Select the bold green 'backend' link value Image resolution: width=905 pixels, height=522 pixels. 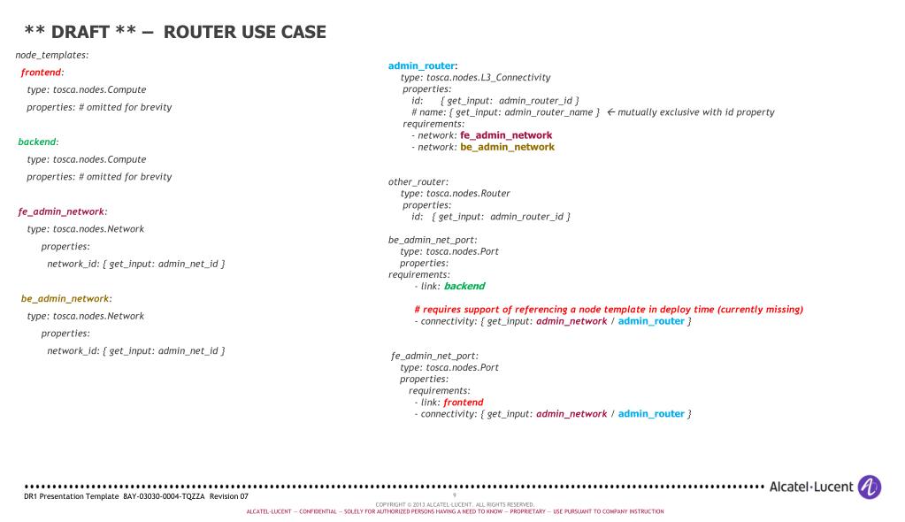point(464,286)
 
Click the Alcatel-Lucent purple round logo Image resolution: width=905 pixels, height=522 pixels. point(869,487)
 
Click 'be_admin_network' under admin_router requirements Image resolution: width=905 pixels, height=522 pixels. point(507,147)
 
